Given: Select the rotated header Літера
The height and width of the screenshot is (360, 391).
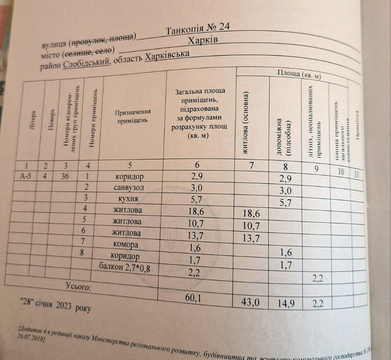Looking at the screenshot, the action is (x=32, y=121).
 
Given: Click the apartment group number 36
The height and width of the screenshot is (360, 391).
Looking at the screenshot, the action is (x=65, y=176).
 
